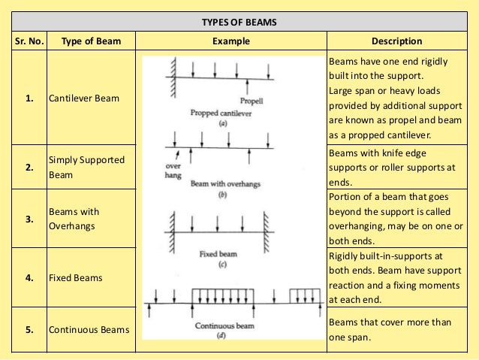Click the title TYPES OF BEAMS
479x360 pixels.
click(x=239, y=23)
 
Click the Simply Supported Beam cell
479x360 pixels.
click(x=86, y=167)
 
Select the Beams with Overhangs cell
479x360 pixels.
click(x=74, y=218)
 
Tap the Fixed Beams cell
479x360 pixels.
click(x=75, y=277)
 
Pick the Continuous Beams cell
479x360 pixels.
click(x=89, y=329)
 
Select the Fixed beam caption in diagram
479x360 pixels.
click(x=218, y=254)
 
